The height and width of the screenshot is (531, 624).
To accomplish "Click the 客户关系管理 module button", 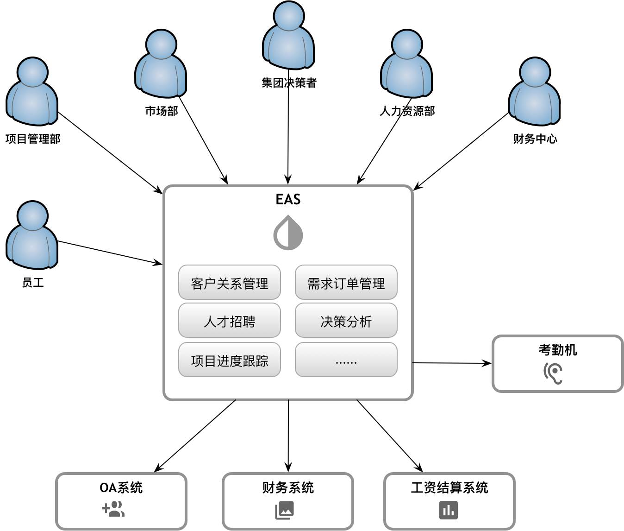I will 229,283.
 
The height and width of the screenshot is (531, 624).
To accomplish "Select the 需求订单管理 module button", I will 346,283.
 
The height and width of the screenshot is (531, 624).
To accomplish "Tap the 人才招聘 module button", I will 229,321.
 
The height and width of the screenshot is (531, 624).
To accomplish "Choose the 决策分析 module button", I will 346,321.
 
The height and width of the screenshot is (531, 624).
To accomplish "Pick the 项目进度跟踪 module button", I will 229,360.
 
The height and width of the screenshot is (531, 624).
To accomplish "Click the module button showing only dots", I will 346,360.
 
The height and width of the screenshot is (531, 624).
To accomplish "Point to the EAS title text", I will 288,199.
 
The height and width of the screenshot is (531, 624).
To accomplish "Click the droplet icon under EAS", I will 288,233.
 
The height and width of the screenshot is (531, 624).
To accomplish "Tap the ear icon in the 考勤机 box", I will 553,373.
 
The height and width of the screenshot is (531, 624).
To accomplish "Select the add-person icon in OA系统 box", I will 113,509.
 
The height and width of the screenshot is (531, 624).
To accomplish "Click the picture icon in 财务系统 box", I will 285,511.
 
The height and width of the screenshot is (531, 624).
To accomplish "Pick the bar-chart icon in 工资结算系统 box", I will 448,510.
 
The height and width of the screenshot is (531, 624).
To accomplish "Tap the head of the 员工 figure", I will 32,215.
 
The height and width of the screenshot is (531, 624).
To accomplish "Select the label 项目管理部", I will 33,139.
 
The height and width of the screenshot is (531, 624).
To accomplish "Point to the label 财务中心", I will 535,139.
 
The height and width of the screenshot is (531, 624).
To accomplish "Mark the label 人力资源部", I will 407,111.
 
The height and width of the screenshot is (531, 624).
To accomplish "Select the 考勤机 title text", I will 557,350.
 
